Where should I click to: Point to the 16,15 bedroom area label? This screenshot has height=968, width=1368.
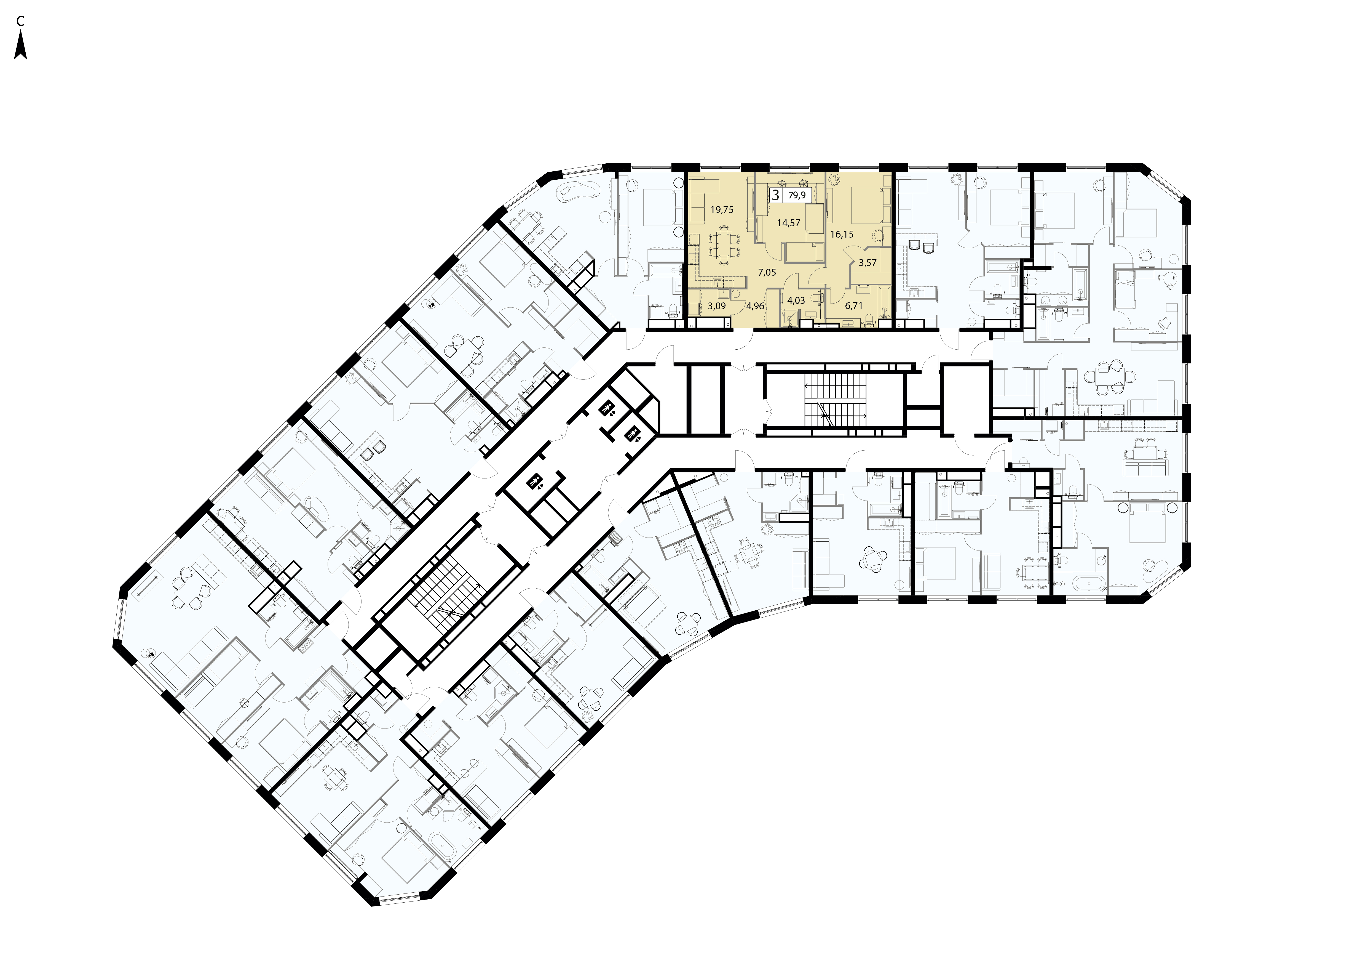(x=842, y=234)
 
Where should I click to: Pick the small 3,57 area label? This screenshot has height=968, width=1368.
(x=868, y=262)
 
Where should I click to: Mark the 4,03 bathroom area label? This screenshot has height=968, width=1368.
(x=796, y=300)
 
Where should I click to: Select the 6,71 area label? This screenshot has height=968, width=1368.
(x=854, y=306)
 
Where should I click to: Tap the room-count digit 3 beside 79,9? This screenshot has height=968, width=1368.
(x=775, y=195)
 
